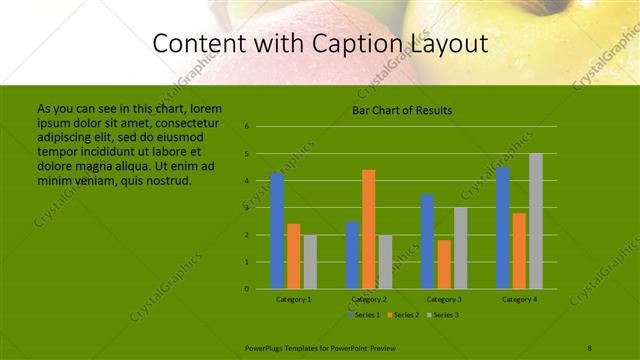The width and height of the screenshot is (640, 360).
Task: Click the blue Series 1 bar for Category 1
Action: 277,230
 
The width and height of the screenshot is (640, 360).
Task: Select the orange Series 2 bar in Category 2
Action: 369,229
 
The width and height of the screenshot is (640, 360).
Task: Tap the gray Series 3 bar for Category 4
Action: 536,221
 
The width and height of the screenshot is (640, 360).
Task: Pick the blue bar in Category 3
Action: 427,241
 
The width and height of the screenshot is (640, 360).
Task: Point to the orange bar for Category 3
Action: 444,264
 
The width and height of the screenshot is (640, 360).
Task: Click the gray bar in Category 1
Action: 310,261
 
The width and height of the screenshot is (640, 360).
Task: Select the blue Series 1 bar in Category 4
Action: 503,227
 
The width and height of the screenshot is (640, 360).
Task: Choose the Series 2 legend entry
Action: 403,314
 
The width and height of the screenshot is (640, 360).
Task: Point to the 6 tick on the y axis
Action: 246,127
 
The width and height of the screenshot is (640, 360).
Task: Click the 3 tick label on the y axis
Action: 246,208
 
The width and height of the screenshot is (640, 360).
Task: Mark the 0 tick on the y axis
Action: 246,289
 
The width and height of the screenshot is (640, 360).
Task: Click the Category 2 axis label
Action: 369,299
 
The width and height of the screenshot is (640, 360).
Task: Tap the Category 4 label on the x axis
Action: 519,299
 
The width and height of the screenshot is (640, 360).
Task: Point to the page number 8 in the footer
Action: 590,347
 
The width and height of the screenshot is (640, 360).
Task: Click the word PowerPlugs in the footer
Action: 263,347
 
